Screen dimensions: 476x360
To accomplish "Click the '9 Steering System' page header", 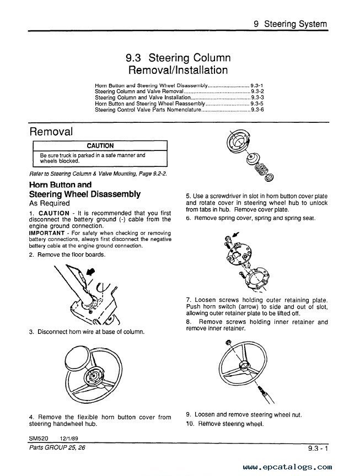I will (x=290, y=24).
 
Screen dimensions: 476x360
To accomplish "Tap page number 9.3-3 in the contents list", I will (x=257, y=98).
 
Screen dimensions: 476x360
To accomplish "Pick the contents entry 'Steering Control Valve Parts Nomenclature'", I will (x=148, y=110).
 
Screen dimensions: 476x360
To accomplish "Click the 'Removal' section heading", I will (x=51, y=132).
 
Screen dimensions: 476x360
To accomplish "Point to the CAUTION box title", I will (x=100, y=146).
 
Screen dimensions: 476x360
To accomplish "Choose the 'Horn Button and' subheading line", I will (x=60, y=185).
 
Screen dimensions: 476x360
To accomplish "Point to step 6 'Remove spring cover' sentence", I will (x=250, y=218).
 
